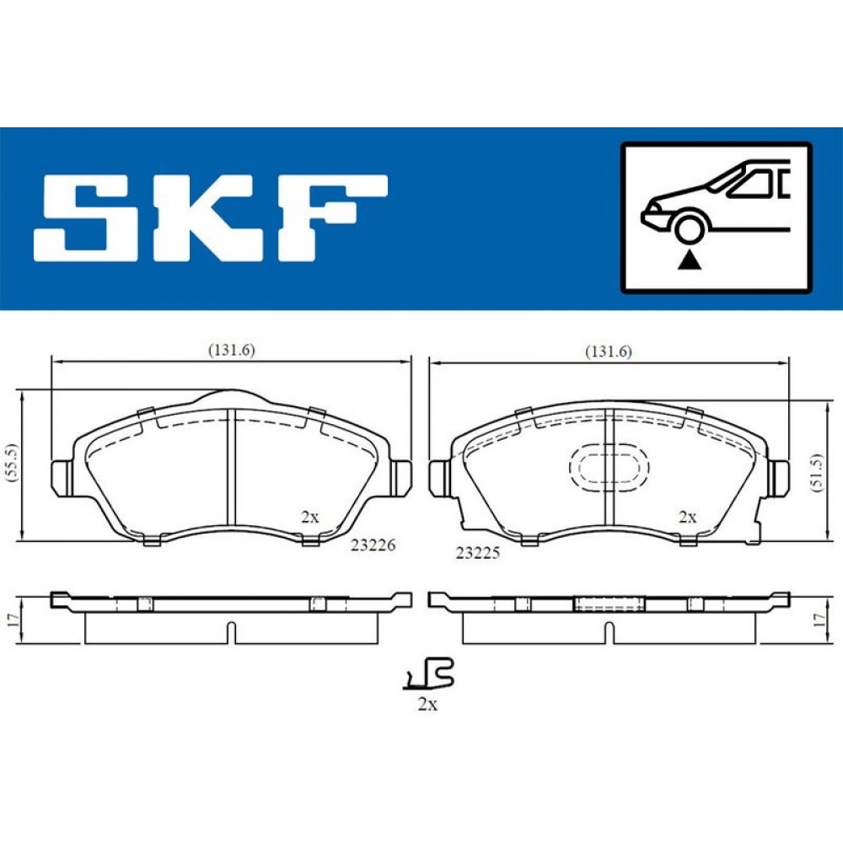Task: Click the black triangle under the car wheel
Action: [x=690, y=261]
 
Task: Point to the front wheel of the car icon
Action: [x=690, y=228]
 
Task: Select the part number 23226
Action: [x=373, y=545]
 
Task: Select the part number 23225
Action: [x=478, y=552]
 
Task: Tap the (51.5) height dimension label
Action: [x=817, y=474]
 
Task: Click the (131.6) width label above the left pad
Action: [x=231, y=350]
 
